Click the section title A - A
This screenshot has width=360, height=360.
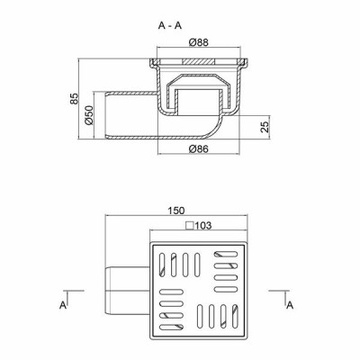point(170,26)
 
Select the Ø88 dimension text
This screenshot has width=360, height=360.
point(199,42)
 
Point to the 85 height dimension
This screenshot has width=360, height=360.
point(74,99)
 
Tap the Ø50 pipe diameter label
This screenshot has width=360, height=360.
point(89,115)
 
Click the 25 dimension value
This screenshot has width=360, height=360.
point(265,127)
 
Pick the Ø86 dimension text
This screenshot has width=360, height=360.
point(199,148)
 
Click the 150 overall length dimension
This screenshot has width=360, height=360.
point(176,211)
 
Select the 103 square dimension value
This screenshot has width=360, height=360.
point(203,225)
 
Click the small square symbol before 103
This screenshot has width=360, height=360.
point(190,225)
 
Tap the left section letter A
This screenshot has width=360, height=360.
point(63,305)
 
